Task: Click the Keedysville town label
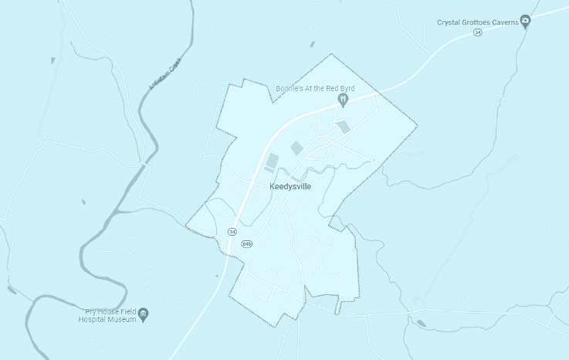coord(290,187)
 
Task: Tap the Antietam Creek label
coord(163,77)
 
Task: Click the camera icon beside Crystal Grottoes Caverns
coord(525,21)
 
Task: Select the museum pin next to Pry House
coord(144,314)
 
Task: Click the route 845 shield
coord(246,243)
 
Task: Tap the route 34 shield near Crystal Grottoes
coord(477,33)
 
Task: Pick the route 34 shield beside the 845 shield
coord(232,232)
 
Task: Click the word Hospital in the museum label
coord(97,319)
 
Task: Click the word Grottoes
coord(474,22)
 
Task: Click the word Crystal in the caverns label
coord(449,22)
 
